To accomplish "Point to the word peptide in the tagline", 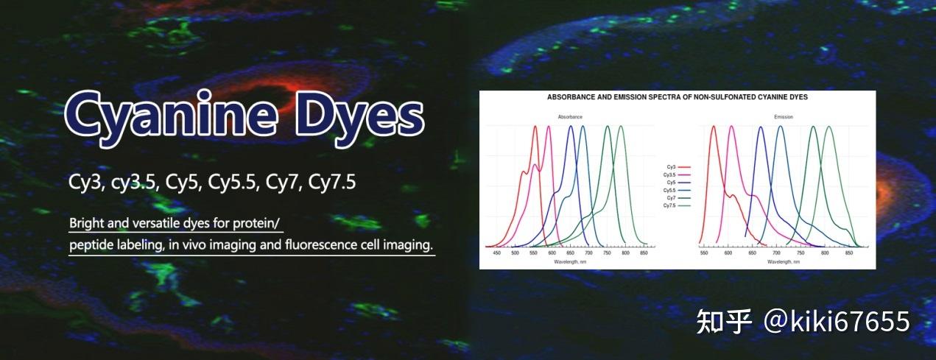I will click(x=91, y=244).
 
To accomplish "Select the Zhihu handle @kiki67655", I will click(x=837, y=322).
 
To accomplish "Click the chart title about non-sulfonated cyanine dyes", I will click(x=678, y=97).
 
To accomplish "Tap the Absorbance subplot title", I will click(x=570, y=117).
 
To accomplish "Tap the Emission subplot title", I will click(x=784, y=117).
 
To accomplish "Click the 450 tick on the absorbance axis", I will click(x=496, y=253).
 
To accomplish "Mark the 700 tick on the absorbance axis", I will click(x=588, y=253).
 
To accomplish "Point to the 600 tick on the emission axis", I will click(x=728, y=253).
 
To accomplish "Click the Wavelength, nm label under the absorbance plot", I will click(x=570, y=261).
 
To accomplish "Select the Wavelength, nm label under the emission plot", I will click(x=784, y=261).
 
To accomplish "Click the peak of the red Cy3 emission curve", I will click(x=713, y=127).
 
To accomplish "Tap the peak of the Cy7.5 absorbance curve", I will click(x=620, y=127).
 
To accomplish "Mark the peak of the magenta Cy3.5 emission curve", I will click(x=731, y=127).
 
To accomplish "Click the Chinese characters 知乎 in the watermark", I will click(x=724, y=322).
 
